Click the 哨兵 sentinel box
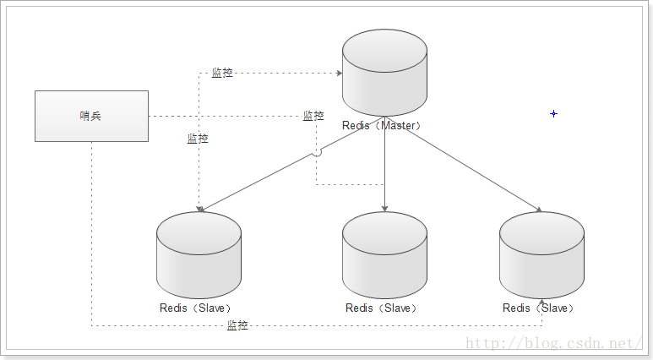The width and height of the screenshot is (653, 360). click(91, 116)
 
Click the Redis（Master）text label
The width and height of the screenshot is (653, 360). click(382, 125)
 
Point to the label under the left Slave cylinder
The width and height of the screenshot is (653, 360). click(195, 308)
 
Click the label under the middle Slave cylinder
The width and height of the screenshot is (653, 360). click(381, 308)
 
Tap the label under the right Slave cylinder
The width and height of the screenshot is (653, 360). click(538, 308)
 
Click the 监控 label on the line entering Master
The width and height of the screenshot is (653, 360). click(222, 74)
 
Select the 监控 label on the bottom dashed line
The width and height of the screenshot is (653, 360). click(237, 325)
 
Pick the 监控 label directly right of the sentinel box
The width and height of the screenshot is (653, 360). click(313, 116)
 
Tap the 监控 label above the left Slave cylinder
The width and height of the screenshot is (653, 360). click(198, 139)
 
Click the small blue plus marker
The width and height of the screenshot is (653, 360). click(553, 113)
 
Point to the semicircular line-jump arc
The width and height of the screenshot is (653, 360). click(317, 152)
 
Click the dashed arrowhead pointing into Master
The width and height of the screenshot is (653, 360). click(337, 74)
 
